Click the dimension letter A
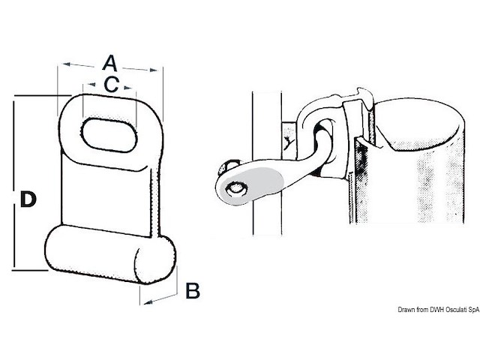pos(110,63)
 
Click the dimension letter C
pos(111,84)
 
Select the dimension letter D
pos(28,199)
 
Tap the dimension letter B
pos(193,291)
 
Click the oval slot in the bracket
pos(109,135)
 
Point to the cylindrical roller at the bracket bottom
pos(110,255)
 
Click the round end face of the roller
pos(155,260)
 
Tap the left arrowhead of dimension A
pos(67,64)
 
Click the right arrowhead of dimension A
pos(153,70)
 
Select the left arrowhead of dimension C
pos(91,84)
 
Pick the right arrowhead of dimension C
pos(127,88)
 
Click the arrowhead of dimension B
pos(148,302)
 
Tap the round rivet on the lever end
pos(236,188)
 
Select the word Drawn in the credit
pos(405,310)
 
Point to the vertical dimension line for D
pos(14,183)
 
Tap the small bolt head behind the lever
pos(227,166)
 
